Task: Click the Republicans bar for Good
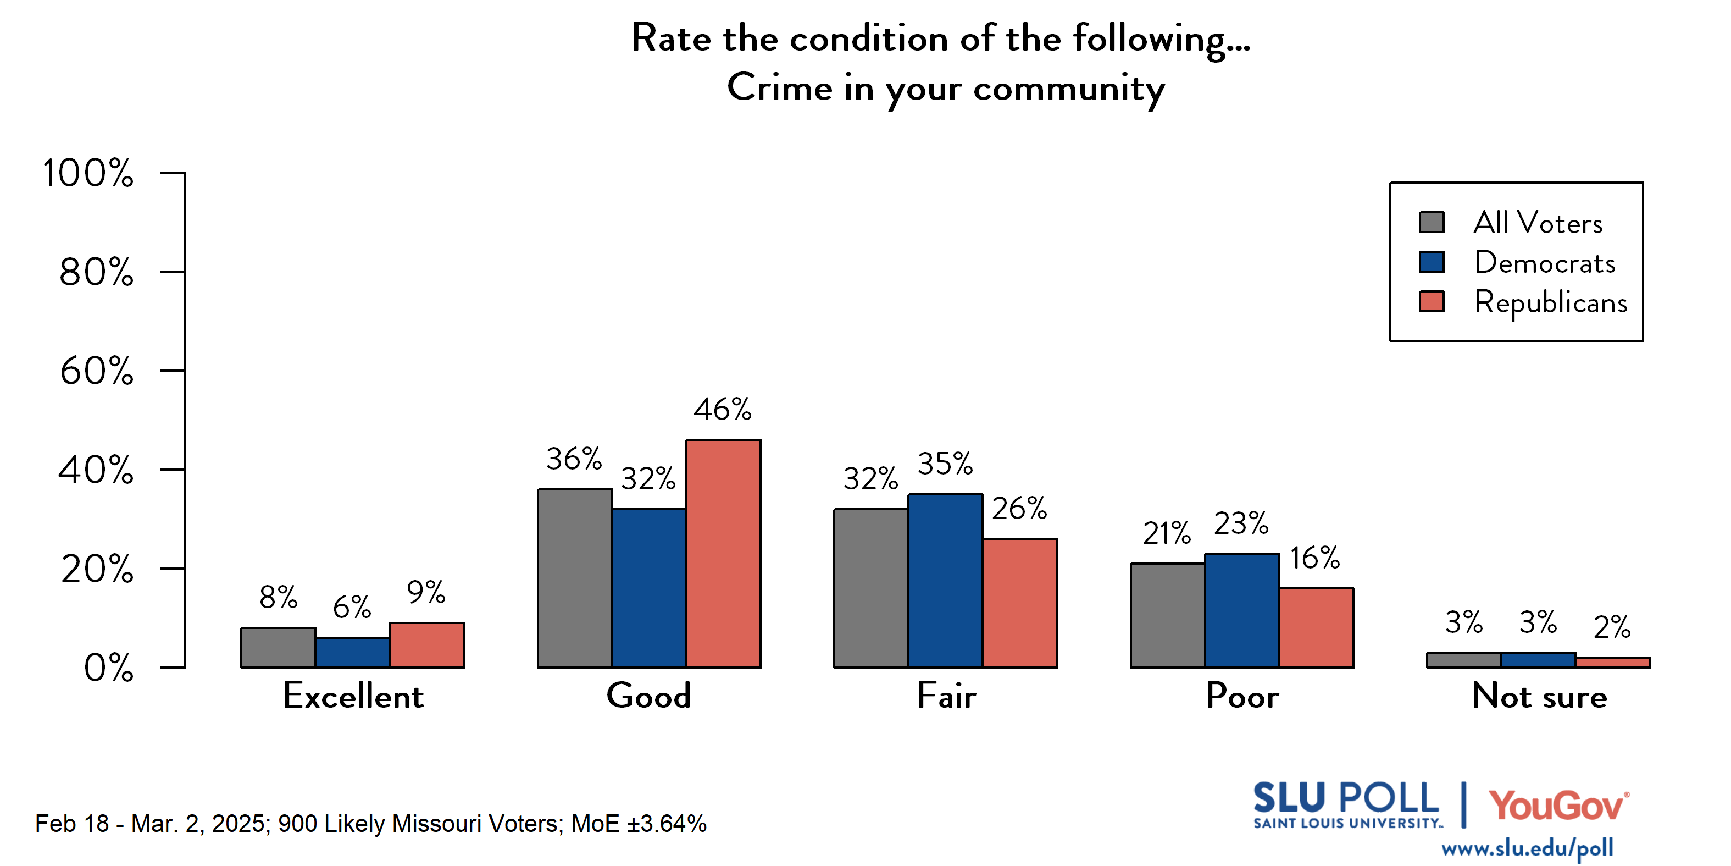[723, 553]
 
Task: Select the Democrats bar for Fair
[945, 581]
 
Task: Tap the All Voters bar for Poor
[1167, 615]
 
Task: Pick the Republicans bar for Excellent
[426, 645]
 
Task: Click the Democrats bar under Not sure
[1538, 660]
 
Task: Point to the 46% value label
[723, 410]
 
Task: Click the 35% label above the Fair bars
[945, 464]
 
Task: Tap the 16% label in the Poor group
[1314, 558]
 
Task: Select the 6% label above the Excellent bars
[352, 607]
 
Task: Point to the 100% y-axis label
[88, 173]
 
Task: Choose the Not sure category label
[1539, 696]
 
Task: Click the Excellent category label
[353, 696]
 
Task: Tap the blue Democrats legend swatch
[1432, 262]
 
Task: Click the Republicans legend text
[1550, 302]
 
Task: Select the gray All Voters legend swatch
[1432, 222]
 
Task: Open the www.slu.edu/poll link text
[1527, 848]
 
